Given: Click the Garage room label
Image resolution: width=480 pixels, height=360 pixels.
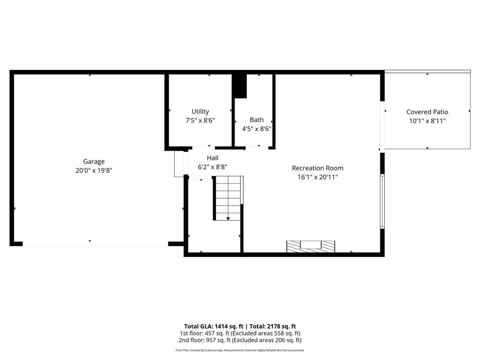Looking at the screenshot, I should (94, 161).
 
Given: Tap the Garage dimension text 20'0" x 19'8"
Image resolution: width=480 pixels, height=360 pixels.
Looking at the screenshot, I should (94, 171).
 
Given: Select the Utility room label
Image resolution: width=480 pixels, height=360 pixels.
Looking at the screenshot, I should (200, 112).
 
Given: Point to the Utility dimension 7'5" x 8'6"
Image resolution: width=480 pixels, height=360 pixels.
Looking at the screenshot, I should (200, 120).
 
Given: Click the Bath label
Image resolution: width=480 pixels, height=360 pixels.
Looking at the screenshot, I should (256, 120).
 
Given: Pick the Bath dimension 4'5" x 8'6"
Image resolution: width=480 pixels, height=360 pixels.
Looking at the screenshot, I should (256, 129).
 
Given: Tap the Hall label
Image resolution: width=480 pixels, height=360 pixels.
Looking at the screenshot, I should (212, 158).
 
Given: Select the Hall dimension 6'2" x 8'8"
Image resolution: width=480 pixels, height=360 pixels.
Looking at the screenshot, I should (212, 167).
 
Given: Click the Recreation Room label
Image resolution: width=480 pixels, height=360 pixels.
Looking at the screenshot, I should (317, 168).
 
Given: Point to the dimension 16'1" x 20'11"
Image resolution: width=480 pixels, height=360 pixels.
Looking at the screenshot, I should (317, 177).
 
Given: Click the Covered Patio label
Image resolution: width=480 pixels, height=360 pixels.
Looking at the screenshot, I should (427, 112).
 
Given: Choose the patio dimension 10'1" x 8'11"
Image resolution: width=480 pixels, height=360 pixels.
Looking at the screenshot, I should (427, 121).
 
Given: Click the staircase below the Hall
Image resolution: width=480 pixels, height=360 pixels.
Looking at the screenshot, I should (228, 198).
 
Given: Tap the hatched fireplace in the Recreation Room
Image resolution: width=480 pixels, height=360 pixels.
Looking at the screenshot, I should (311, 246).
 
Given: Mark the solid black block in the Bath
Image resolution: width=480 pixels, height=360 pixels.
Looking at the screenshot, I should (240, 86).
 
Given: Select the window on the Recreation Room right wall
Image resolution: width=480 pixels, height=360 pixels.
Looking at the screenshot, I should (382, 201).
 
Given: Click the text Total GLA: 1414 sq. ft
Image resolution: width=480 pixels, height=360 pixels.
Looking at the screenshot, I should (211, 326).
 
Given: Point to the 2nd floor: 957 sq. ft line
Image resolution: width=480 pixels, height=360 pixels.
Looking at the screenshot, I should (240, 340).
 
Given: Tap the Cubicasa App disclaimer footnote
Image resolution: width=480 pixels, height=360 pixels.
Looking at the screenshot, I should (240, 350).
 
